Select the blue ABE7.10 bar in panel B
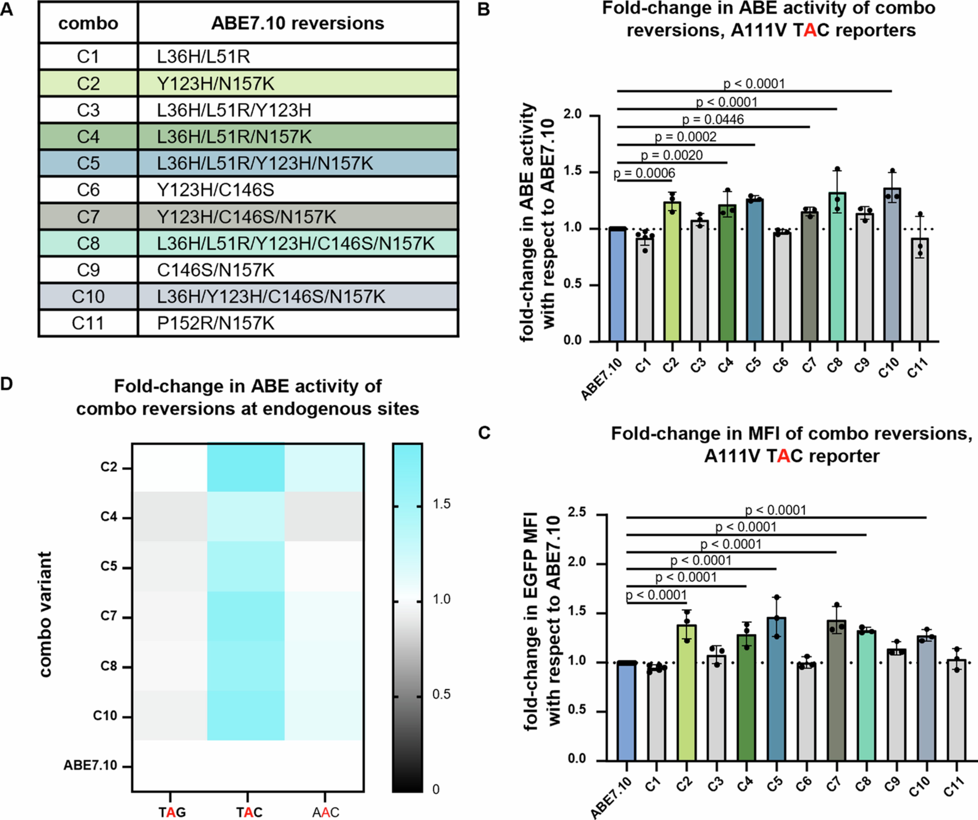(617, 285)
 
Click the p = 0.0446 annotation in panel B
(713, 120)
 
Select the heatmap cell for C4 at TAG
(169, 517)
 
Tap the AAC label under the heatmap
(325, 812)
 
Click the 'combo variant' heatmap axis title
(45, 615)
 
